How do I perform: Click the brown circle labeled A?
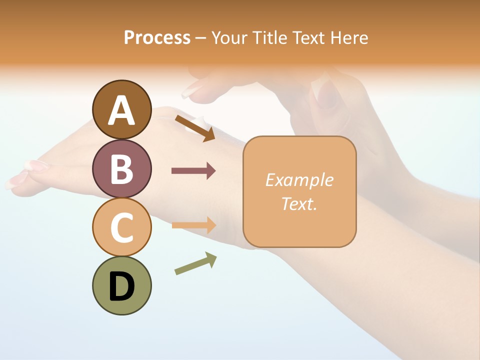click(x=122, y=109)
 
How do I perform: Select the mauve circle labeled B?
click(x=122, y=168)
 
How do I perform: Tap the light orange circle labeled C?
click(x=122, y=227)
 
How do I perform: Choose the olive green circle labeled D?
click(x=122, y=285)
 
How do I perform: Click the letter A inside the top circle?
click(x=122, y=110)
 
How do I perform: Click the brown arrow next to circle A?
click(x=195, y=128)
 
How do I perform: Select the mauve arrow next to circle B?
click(x=193, y=171)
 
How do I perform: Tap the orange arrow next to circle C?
click(x=193, y=225)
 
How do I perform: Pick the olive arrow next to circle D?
click(x=195, y=263)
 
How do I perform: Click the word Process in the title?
click(x=157, y=37)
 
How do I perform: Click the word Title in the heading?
click(x=270, y=37)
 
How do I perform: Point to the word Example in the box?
click(x=299, y=180)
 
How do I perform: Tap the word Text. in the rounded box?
click(x=299, y=203)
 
